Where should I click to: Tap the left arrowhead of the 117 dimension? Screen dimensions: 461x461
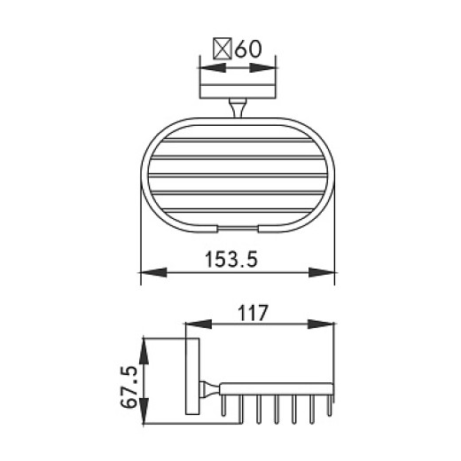point(190,325)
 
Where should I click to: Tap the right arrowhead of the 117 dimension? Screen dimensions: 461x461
point(330,325)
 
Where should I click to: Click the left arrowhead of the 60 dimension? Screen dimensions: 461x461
point(204,67)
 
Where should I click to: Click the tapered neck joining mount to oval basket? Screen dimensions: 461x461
point(237,109)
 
